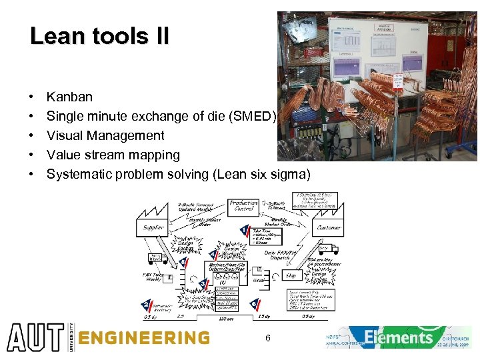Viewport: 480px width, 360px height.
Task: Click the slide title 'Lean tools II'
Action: tap(99, 36)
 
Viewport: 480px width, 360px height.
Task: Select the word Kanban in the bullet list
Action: tap(69, 97)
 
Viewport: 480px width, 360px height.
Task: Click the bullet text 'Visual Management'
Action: tap(105, 136)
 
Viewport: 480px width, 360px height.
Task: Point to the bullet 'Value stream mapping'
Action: tap(113, 155)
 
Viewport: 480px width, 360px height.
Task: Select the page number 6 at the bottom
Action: tap(267, 339)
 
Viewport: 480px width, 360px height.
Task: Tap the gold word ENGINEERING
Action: tap(143, 338)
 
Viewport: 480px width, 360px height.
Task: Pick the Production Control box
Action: tap(243, 207)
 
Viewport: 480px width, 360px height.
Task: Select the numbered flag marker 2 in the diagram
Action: tap(145, 305)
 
